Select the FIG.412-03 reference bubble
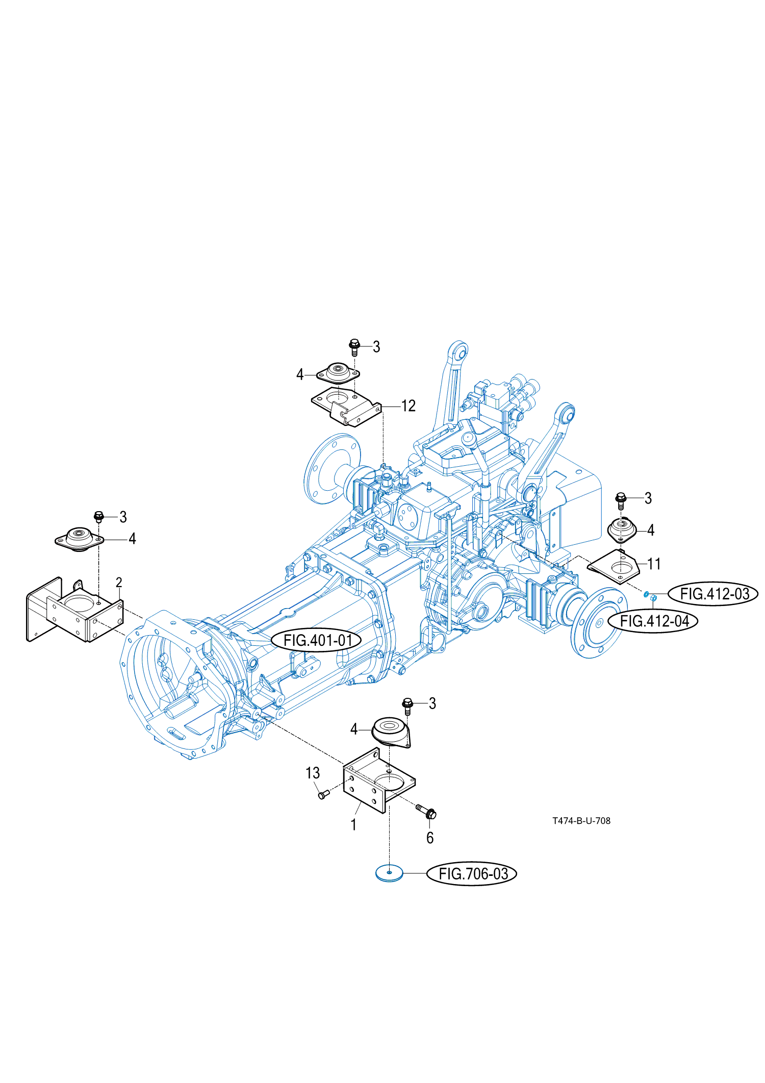715,594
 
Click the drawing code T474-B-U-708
581,821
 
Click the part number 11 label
654,564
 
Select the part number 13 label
313,773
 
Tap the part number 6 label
430,838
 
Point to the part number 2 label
119,583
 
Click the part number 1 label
353,824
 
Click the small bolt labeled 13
322,795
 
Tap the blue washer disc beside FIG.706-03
389,873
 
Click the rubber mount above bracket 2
79,538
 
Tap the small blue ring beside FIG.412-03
647,594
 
